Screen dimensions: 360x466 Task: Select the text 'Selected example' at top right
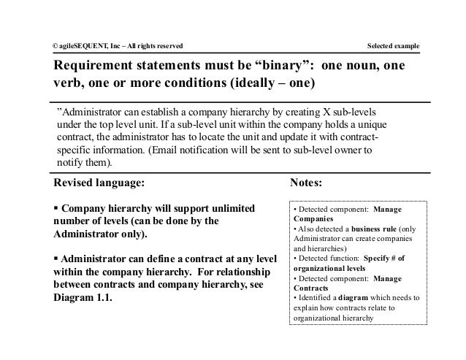393,47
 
